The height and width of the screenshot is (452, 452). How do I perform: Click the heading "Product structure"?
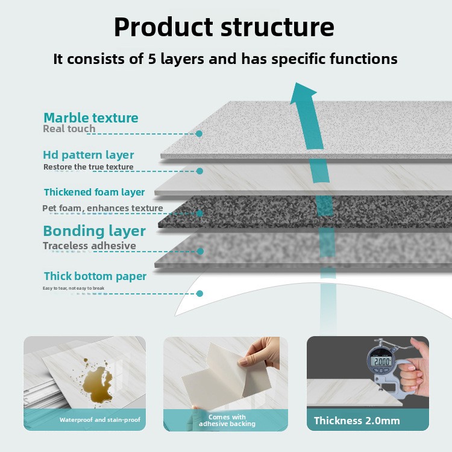pos(224,27)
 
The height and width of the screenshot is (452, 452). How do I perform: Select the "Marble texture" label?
pos(91,118)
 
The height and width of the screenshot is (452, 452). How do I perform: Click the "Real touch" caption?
pos(69,129)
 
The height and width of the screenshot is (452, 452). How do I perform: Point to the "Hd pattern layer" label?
pos(89,154)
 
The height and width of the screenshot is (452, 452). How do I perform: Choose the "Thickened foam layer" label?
pos(95,192)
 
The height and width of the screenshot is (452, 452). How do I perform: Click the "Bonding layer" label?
pos(95,231)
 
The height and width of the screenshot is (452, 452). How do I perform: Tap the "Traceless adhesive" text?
pos(89,246)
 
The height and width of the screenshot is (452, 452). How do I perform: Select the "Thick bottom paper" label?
pos(95,276)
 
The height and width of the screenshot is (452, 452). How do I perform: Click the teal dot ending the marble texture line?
pos(199,133)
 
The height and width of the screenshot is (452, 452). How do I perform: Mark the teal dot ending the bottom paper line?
pos(200,294)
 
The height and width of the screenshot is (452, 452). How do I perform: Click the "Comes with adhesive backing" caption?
pos(227,420)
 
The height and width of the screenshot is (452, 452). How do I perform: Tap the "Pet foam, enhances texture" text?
pos(102,208)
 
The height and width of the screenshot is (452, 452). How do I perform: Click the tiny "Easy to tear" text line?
pos(74,288)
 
